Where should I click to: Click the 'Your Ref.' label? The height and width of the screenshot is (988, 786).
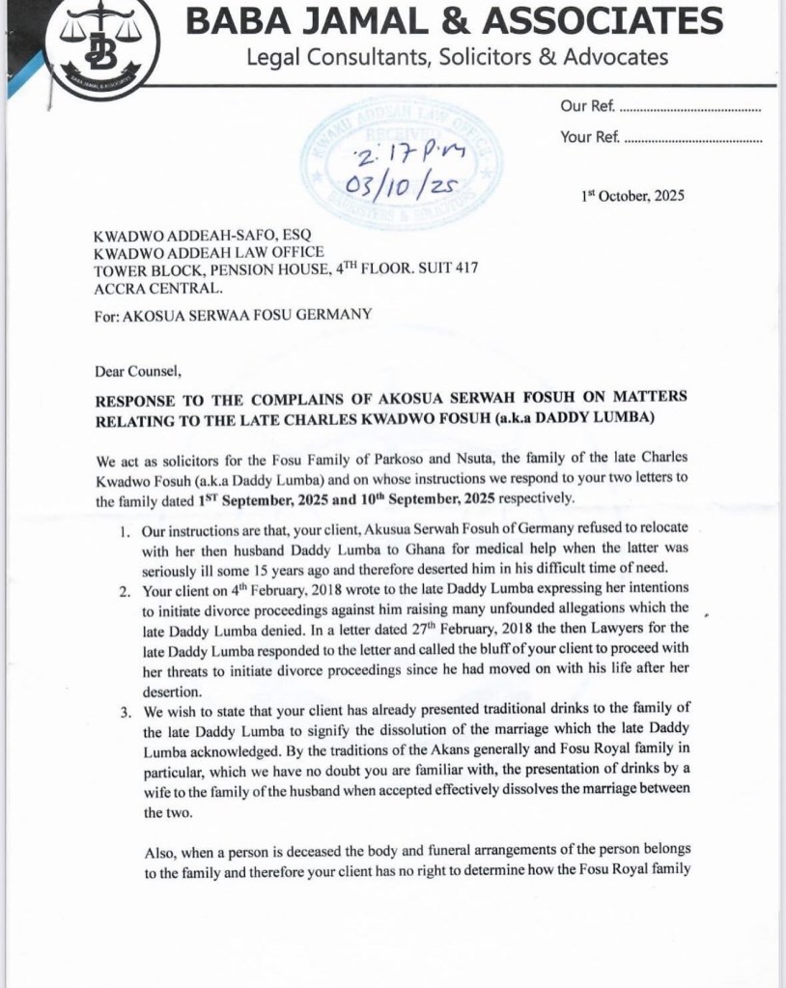590,138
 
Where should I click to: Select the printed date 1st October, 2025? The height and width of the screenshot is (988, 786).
632,195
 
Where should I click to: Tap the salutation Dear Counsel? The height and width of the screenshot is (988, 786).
138,370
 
